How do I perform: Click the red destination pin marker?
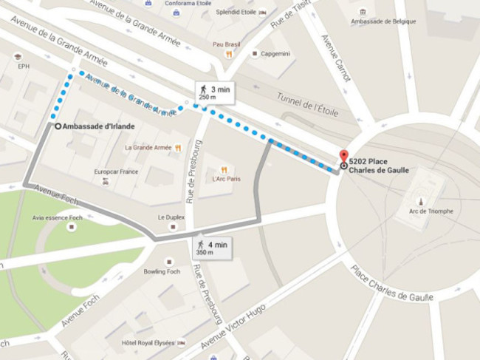pyautogui.click(x=343, y=157)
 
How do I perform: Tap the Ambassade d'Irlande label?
pyautogui.click(x=98, y=126)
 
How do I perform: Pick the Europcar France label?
pyautogui.click(x=116, y=172)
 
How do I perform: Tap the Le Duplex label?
pyautogui.click(x=171, y=217)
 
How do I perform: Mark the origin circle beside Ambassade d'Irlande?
pyautogui.click(x=58, y=126)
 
